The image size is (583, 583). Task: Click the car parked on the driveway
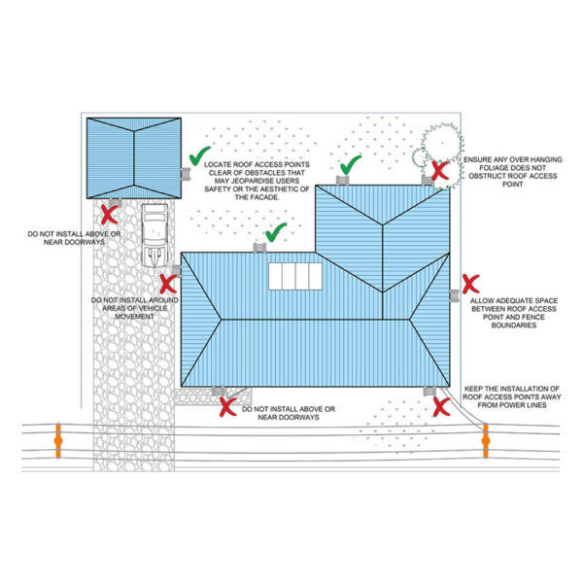[x=155, y=235]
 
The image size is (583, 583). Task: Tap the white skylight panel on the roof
[x=295, y=276]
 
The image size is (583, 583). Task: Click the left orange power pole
[x=58, y=440]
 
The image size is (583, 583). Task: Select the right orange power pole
[x=486, y=441]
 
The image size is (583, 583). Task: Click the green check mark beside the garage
[x=199, y=155]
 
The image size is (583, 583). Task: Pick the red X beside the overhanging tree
[x=440, y=171]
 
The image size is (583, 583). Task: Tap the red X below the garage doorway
[x=109, y=215]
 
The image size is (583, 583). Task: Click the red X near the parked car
[x=168, y=284]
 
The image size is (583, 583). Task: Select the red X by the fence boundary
[x=470, y=284]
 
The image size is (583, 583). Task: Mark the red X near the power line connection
[x=442, y=406]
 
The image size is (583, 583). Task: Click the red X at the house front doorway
[x=228, y=407]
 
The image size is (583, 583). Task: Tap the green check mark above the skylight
[x=276, y=232]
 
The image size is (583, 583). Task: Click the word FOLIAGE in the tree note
[x=494, y=168]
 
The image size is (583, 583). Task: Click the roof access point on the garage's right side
[x=186, y=174]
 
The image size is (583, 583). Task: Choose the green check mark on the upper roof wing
[x=351, y=165]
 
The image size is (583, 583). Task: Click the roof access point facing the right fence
[x=454, y=296]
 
